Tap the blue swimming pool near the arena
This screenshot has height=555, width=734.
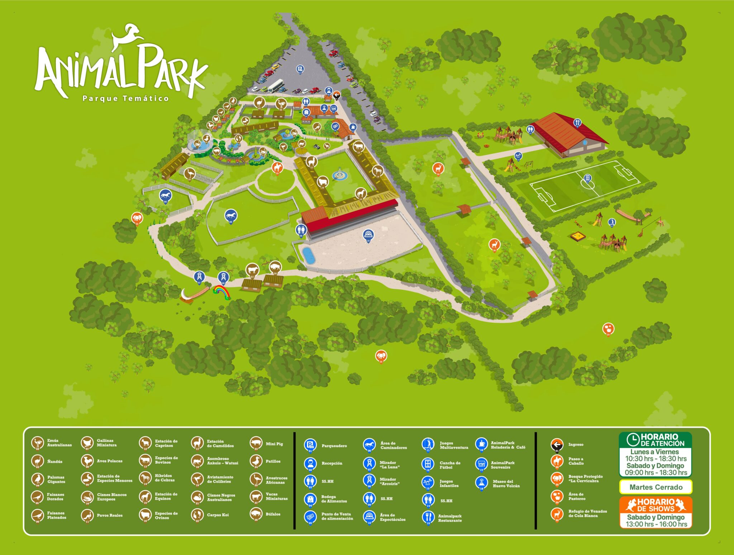[x=308, y=255]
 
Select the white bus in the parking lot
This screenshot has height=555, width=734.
[x=275, y=86]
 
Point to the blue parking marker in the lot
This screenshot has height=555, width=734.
[x=300, y=69]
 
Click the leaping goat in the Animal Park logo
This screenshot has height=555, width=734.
[x=127, y=36]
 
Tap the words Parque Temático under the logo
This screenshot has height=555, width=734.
[x=125, y=98]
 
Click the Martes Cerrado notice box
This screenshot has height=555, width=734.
[x=656, y=487]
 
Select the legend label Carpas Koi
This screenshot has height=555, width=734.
[x=218, y=515]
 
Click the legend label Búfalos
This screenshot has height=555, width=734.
[x=273, y=514]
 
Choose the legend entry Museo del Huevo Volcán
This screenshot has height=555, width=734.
[x=506, y=484]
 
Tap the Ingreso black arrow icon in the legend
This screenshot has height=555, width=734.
[x=557, y=445]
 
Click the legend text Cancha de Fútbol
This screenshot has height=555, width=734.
[x=450, y=465]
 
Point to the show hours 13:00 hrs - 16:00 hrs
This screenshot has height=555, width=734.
[x=656, y=524]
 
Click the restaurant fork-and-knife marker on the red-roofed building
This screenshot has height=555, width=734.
[x=577, y=123]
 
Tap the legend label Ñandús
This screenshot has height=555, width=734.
[x=54, y=461]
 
